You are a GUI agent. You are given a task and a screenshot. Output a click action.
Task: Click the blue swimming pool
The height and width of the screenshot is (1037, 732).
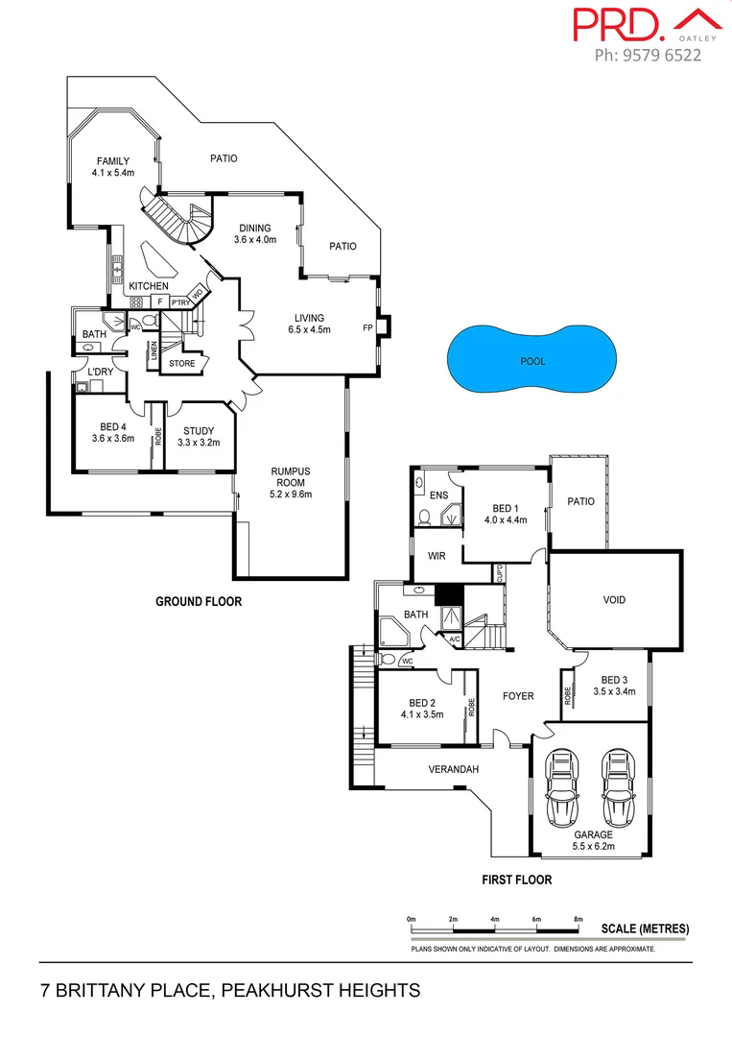tap(532, 361)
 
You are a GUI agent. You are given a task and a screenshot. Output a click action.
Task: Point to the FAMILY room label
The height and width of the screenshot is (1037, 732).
tap(111, 161)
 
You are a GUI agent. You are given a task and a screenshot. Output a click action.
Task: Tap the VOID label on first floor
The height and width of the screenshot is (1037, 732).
tap(614, 600)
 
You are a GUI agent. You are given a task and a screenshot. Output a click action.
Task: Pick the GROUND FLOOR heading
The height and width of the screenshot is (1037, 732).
tap(199, 602)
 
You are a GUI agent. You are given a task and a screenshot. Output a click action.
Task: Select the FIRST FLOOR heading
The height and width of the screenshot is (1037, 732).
tap(516, 880)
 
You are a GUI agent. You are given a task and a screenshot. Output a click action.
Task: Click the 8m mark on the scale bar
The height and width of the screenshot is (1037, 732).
tap(579, 920)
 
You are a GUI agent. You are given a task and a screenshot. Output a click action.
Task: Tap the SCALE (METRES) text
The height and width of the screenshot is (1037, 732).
tap(646, 928)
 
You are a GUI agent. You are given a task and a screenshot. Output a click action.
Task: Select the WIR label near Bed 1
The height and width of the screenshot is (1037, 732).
tap(437, 556)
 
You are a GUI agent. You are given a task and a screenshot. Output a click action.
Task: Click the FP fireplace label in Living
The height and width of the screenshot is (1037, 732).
tap(367, 327)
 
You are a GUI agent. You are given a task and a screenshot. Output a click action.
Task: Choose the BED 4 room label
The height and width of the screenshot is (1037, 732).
tap(111, 427)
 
